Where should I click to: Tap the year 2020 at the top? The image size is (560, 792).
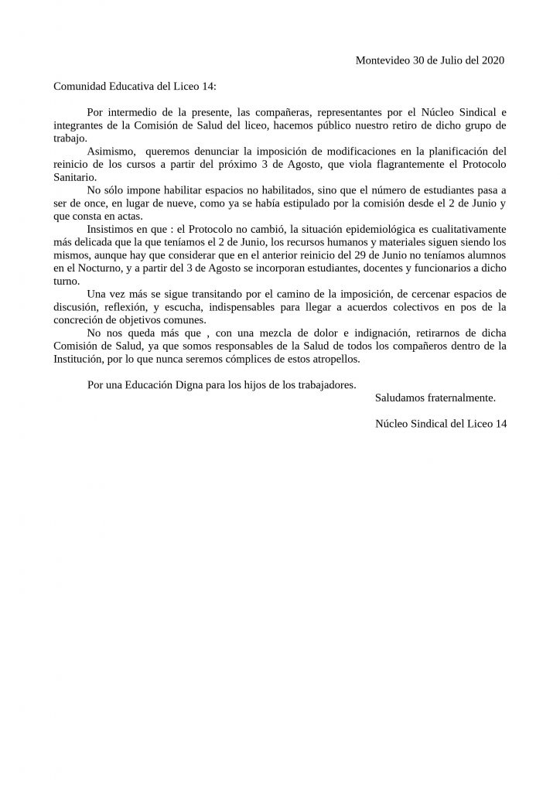pyautogui.click(x=493, y=60)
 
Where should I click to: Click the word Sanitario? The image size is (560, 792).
pyautogui.click(x=74, y=177)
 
